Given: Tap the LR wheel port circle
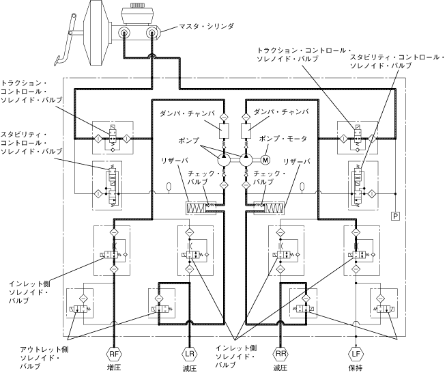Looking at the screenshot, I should [x=190, y=354].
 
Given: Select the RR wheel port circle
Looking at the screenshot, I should [x=280, y=354].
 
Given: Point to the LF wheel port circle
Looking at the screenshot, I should [x=356, y=354].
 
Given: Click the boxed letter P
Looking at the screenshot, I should [x=394, y=216].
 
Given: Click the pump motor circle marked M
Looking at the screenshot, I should [x=265, y=160].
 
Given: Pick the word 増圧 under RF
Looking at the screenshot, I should [x=113, y=368].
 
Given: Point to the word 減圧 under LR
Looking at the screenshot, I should [x=190, y=368].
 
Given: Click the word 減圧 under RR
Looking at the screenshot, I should [x=280, y=368].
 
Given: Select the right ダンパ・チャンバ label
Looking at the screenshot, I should [x=281, y=111].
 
